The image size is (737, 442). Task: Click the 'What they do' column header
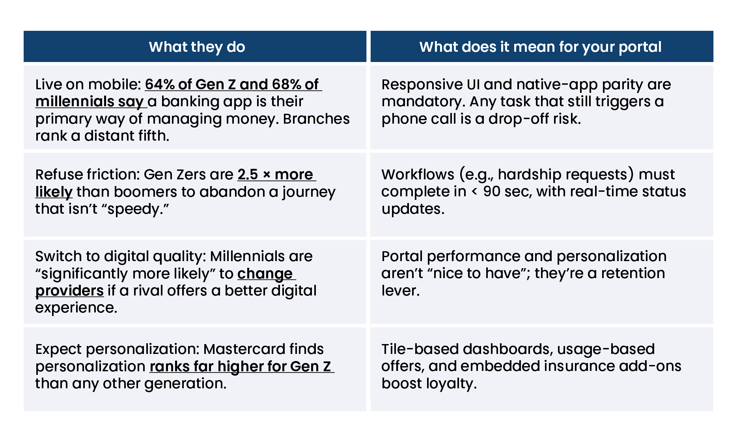[197, 47]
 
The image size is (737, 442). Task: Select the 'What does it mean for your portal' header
[540, 47]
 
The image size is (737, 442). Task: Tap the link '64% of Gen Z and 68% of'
[233, 85]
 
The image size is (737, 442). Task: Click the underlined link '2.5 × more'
[276, 174]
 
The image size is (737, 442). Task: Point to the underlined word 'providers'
[69, 291]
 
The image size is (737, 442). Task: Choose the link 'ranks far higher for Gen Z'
[242, 367]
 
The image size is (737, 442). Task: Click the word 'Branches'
[316, 119]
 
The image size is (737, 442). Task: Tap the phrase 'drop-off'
[519, 119]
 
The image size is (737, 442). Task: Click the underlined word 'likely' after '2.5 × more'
[54, 192]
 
